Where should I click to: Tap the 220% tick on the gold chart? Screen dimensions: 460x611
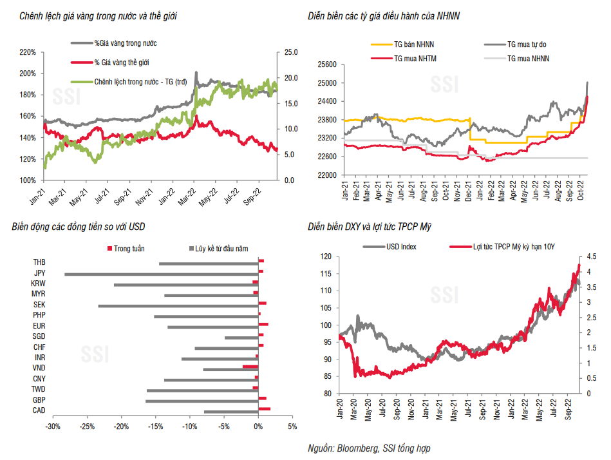coord(28,52)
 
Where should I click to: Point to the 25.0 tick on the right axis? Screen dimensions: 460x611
coord(290,52)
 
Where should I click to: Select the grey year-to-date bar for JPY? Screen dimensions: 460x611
coord(161,274)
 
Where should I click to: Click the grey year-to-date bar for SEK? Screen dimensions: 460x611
coord(178,305)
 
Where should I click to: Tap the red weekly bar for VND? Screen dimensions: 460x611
coord(250,366)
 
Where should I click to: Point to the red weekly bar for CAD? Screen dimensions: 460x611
coord(264,409)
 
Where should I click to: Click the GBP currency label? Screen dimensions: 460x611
coord(38,400)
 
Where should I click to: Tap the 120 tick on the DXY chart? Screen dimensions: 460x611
coord(325,256)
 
